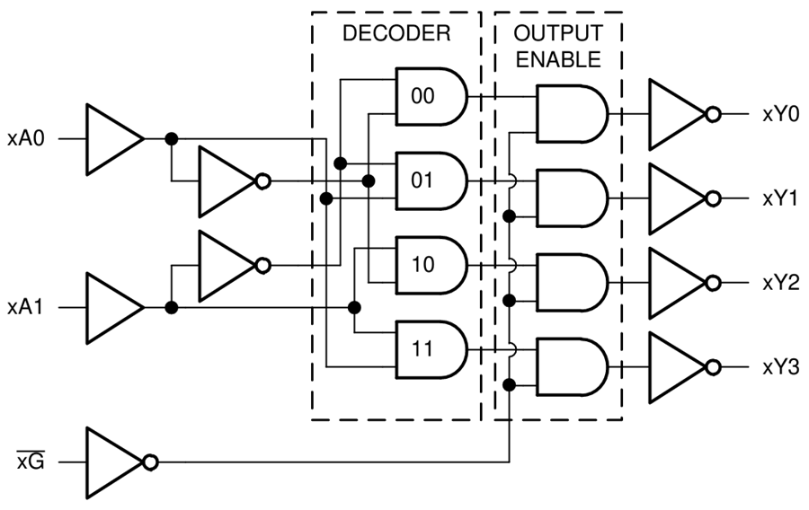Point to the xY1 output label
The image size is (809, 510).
[x=778, y=198]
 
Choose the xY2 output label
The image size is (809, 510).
[x=778, y=283]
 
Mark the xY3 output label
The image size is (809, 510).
[x=778, y=367]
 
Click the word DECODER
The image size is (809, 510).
[x=396, y=35]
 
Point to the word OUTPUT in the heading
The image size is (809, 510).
[x=557, y=34]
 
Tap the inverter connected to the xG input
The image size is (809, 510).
[x=115, y=462]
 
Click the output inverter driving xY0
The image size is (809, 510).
[x=679, y=114]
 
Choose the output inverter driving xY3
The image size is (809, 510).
[x=679, y=367]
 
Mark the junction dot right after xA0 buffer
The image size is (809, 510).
[x=171, y=139]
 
